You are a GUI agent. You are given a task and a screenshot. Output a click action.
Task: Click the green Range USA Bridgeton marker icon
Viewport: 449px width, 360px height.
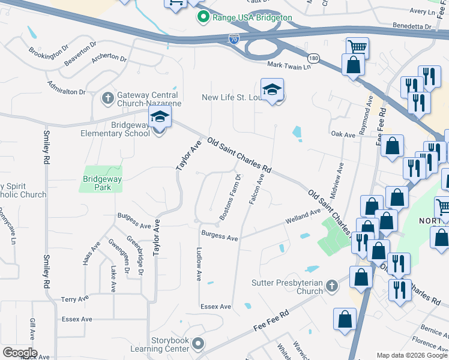point(204,17)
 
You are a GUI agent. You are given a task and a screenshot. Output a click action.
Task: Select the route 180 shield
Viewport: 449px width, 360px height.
point(314,58)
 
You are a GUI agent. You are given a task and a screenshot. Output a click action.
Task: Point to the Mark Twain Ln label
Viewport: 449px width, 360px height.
point(289,65)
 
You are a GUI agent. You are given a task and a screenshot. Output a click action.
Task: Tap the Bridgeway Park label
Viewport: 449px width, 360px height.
point(102,179)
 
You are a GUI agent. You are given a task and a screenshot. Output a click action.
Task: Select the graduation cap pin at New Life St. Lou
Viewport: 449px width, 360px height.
point(272,91)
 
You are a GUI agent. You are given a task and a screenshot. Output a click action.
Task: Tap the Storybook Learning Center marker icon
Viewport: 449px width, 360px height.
point(199,344)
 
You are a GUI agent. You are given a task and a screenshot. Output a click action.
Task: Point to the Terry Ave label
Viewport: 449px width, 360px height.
point(75,298)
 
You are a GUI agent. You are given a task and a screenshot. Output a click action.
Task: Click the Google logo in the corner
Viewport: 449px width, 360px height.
point(20,353)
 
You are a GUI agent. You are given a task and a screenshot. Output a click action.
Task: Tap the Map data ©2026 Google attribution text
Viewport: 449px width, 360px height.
point(412,355)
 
